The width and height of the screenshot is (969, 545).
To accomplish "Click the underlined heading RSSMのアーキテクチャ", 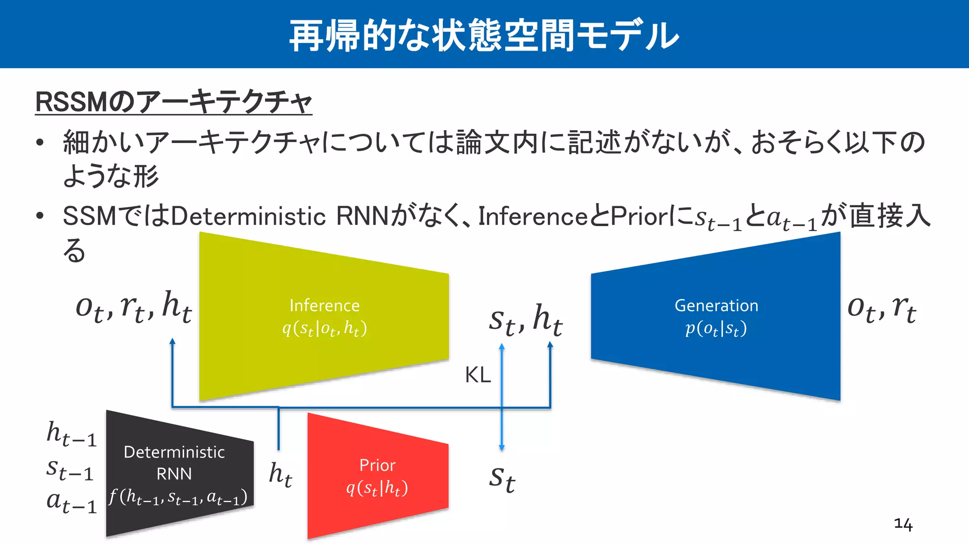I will [x=174, y=102].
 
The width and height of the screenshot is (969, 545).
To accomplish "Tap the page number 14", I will [x=903, y=524].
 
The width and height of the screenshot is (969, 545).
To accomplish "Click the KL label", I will [x=478, y=375].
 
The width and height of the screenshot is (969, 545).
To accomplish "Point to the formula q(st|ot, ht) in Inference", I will [x=325, y=328].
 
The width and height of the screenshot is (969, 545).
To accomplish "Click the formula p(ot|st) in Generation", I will [x=716, y=328].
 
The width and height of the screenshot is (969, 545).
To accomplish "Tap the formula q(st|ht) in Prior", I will [x=377, y=488].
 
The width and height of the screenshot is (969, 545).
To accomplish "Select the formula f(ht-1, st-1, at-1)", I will [x=178, y=497].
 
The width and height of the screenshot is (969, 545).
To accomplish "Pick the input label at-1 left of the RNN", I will [x=71, y=502].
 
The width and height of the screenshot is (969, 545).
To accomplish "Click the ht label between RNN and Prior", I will [x=281, y=474].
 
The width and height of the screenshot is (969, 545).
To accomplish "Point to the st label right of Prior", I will [x=502, y=479].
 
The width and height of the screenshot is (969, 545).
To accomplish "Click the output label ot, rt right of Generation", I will [x=881, y=308].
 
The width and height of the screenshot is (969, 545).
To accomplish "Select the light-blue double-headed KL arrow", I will [x=502, y=397].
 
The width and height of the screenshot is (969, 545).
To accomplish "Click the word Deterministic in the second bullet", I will [x=248, y=217].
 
